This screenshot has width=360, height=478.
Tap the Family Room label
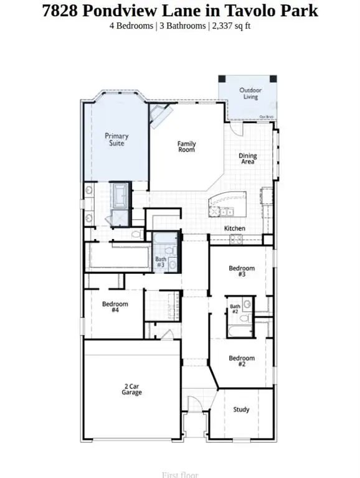(186, 147)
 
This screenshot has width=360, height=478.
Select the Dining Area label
(248, 159)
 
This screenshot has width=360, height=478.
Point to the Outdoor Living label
(251, 93)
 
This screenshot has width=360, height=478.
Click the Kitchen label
(235, 228)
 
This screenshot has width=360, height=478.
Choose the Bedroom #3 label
(242, 271)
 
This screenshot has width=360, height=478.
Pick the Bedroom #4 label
(115, 307)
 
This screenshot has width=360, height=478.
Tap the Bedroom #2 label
(242, 362)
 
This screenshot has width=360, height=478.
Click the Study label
(241, 410)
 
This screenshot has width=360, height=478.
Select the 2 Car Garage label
(131, 390)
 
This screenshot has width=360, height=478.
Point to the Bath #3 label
(161, 262)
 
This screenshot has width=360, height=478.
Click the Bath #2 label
(235, 309)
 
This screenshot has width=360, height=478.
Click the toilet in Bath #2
(247, 304)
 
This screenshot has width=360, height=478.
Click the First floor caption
(179, 475)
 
